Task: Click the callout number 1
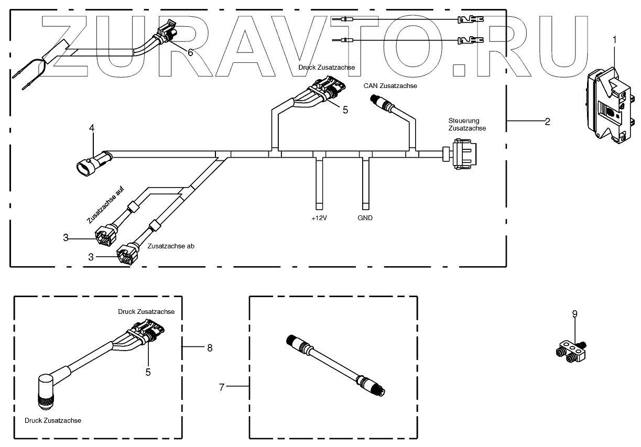(615, 39)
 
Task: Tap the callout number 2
(547, 122)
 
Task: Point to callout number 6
(190, 52)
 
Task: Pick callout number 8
(210, 347)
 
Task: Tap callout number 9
(574, 314)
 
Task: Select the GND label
(366, 218)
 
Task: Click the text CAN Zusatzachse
(390, 86)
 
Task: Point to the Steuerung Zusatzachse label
(467, 124)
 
